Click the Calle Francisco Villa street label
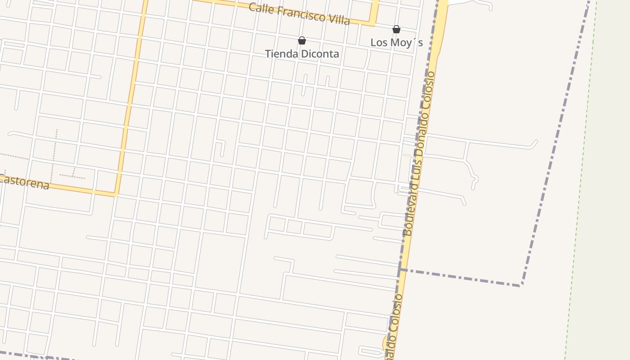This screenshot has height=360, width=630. [299, 14]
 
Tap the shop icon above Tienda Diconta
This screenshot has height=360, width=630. [302, 41]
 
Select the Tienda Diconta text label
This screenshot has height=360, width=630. [302, 54]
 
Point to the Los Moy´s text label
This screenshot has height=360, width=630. [396, 42]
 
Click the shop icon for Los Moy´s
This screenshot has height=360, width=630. [396, 30]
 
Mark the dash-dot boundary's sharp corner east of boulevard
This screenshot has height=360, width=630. [521, 284]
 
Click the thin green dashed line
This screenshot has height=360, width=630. [580, 180]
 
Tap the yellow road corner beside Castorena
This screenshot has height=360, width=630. [116, 194]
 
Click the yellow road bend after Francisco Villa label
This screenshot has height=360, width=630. [373, 23]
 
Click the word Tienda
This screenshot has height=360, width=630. [280, 54]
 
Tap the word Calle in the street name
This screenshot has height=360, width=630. [261, 8]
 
